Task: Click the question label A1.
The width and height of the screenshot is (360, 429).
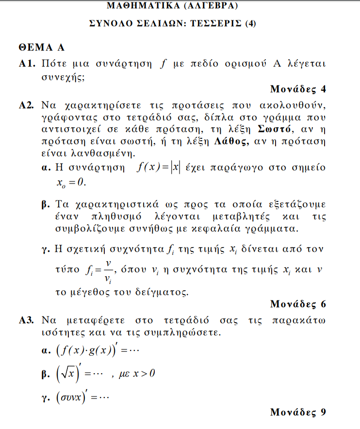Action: click(x=27, y=64)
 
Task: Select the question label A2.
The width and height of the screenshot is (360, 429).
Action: click(x=27, y=105)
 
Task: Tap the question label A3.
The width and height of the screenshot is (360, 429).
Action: click(x=27, y=321)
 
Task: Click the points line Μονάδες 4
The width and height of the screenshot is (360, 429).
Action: click(x=298, y=89)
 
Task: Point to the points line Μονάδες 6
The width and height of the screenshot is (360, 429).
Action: click(x=298, y=304)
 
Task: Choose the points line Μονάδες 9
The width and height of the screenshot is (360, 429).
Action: click(x=298, y=412)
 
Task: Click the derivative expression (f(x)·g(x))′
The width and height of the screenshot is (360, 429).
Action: click(x=88, y=350)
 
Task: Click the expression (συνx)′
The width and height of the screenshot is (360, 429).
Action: click(x=73, y=397)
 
